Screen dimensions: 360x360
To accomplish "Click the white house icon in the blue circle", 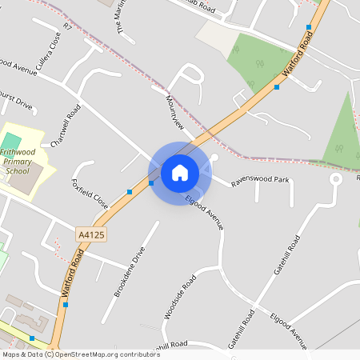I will coord(179,172).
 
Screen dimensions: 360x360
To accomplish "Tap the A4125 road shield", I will coord(92,234).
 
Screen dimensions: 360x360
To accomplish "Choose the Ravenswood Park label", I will coord(260,181).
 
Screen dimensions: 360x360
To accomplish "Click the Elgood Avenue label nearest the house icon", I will coord(205,213).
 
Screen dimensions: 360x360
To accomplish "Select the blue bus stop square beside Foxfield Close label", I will coord(130,192).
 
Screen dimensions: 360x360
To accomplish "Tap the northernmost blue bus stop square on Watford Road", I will coord(309,27).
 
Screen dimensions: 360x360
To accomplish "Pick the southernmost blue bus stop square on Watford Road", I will coord(32,338).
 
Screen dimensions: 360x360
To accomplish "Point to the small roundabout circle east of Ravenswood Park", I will coord(336,179).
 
